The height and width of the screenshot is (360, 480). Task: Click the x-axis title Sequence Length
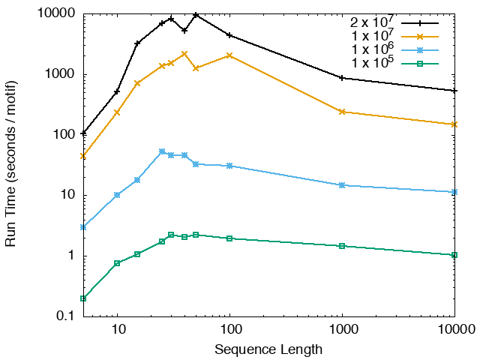(268, 349)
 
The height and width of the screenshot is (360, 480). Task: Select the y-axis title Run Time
(12, 165)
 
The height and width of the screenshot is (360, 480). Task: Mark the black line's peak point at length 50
(196, 15)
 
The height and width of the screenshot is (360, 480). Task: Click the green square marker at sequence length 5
(83, 298)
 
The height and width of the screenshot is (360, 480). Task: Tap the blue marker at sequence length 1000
(342, 185)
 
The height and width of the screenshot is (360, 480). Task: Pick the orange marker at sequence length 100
(229, 55)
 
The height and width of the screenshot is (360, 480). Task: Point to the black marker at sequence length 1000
(342, 78)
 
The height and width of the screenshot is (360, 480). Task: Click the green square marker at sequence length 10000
(454, 255)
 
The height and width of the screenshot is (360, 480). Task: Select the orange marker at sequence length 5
(83, 156)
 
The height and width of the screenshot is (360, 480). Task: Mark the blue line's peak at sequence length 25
(162, 151)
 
